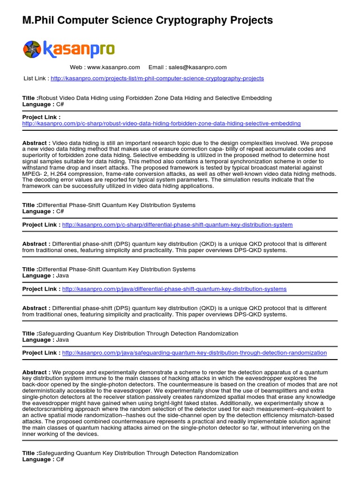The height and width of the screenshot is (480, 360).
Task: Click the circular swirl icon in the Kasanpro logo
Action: pos(32,49)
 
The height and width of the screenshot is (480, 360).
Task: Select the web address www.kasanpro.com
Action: pos(113,67)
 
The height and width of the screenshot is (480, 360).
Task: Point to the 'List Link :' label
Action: pos(36,78)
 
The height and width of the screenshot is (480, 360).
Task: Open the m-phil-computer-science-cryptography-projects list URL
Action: pos(157,78)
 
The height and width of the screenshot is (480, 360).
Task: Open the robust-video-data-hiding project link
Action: pos(161,123)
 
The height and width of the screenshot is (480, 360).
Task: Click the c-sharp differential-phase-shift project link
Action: pos(177,225)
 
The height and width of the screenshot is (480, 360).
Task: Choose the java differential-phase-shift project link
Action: pos(174,289)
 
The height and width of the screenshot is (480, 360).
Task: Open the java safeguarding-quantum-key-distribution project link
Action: pos(194,352)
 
